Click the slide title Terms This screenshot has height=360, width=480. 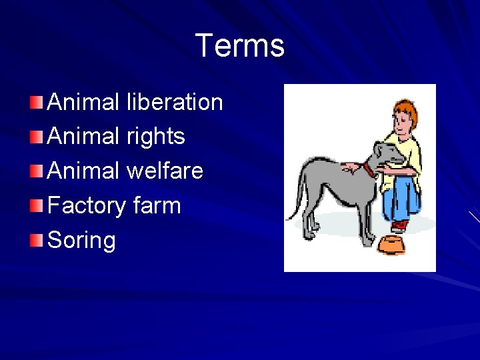pyautogui.click(x=240, y=46)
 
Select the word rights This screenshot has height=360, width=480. pyautogui.click(x=155, y=137)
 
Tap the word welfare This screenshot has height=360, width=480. pyautogui.click(x=165, y=171)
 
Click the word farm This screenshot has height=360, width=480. pyautogui.click(x=157, y=205)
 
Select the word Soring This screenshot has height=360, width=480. pyautogui.click(x=82, y=240)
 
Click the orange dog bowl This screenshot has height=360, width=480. pyautogui.click(x=391, y=245)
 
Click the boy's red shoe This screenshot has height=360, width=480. pyautogui.click(x=399, y=226)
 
